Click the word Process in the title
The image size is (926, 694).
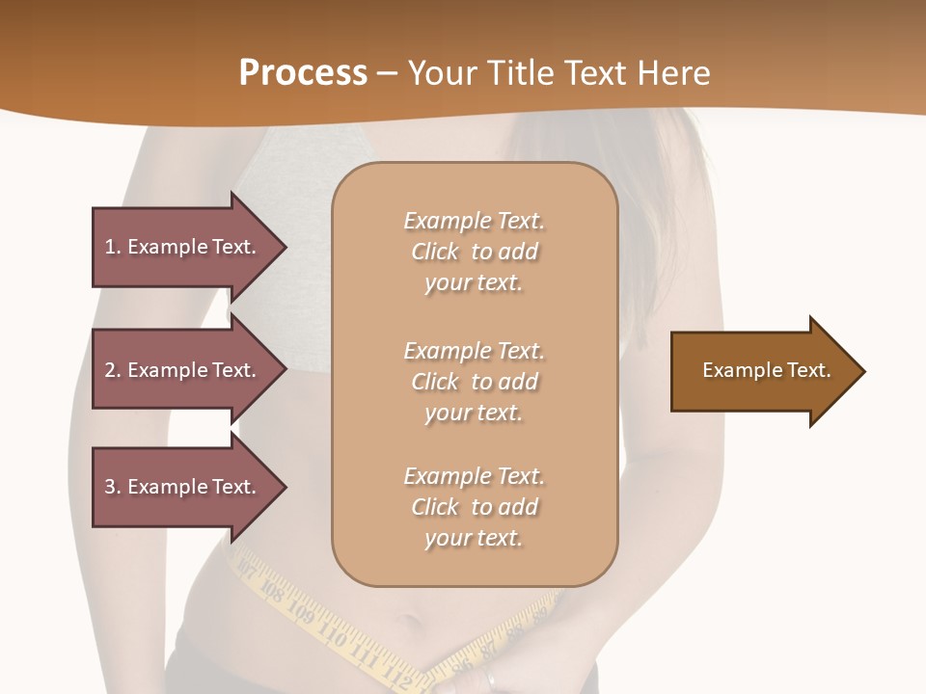303,73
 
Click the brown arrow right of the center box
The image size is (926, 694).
767,371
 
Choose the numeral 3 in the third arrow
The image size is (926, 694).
110,488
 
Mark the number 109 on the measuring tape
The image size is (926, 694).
300,614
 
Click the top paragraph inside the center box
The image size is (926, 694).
474,252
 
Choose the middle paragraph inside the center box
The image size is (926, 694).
474,382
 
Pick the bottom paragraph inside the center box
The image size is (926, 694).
474,507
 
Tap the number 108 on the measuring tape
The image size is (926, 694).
271,591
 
